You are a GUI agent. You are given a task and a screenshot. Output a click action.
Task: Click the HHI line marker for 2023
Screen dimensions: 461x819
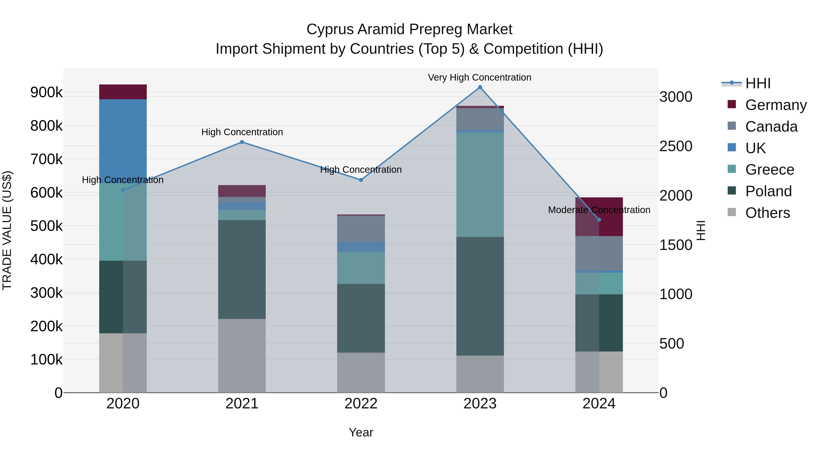(x=480, y=87)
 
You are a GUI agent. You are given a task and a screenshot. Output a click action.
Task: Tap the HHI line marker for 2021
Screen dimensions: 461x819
(x=242, y=142)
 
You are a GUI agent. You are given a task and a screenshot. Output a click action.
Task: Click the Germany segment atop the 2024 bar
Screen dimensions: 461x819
(x=599, y=216)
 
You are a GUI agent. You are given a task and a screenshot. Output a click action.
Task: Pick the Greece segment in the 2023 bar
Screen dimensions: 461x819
(x=480, y=185)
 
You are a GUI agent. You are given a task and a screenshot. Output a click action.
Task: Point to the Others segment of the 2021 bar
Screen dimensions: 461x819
(x=242, y=355)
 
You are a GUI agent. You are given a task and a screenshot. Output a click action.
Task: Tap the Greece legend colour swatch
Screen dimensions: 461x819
(x=732, y=169)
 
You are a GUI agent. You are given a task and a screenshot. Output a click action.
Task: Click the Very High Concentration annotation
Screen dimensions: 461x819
(x=479, y=77)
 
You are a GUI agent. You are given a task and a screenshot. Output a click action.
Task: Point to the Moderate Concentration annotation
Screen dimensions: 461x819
(x=599, y=210)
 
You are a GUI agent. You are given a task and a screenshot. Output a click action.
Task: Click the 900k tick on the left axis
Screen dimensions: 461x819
(x=46, y=93)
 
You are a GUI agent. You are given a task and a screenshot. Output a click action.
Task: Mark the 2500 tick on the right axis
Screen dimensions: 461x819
(x=676, y=146)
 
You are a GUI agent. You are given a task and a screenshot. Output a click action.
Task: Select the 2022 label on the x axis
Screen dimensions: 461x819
(x=361, y=403)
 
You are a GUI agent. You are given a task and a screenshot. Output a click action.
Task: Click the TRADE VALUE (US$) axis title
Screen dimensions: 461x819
(x=7, y=230)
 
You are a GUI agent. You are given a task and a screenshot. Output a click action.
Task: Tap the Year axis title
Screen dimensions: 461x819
(x=361, y=432)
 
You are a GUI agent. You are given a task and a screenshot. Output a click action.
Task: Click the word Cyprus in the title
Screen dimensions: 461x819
(x=330, y=29)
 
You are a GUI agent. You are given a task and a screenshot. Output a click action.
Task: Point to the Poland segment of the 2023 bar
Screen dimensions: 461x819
(x=480, y=296)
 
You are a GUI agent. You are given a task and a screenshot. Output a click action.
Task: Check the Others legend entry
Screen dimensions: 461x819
(x=767, y=213)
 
